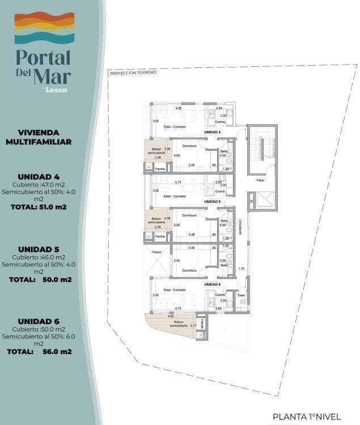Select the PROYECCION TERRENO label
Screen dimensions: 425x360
tap(133, 73)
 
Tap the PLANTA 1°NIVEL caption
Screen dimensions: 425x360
tap(307, 416)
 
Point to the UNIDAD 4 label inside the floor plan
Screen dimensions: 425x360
tap(212, 132)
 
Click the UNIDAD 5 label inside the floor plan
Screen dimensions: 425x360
tap(212, 201)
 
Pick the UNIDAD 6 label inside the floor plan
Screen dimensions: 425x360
tap(212, 284)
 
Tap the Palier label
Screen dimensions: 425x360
tap(261, 181)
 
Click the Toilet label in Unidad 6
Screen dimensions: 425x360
tap(241, 295)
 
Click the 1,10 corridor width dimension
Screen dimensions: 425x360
tap(241, 269)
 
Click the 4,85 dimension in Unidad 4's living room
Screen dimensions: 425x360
tap(178, 108)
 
